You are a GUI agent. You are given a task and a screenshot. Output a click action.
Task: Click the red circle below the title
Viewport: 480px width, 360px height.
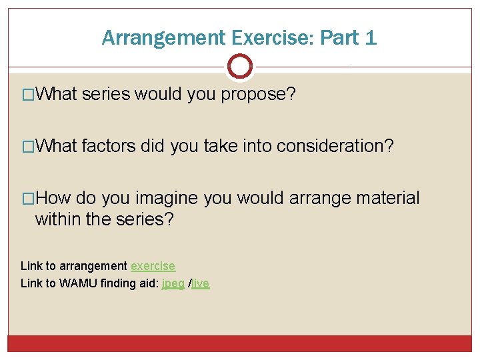click(x=240, y=66)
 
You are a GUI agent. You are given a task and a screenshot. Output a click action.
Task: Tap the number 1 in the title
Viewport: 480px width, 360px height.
click(x=371, y=38)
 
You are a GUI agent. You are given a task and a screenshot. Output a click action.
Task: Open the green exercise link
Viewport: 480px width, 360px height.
click(x=153, y=266)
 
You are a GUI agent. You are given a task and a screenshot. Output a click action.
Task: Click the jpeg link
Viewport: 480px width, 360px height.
click(x=173, y=283)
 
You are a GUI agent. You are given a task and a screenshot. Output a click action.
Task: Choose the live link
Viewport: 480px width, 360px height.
click(x=201, y=283)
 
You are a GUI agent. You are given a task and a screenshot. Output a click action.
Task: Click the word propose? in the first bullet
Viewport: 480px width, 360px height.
click(x=259, y=95)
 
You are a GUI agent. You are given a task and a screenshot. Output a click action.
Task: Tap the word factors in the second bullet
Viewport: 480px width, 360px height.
click(x=108, y=147)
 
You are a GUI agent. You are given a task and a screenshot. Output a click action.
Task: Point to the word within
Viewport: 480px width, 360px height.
click(x=59, y=219)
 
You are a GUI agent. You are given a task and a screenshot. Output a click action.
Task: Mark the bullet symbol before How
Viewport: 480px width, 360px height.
click(x=28, y=199)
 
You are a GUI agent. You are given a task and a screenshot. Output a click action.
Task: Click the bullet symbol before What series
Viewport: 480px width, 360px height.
click(x=28, y=95)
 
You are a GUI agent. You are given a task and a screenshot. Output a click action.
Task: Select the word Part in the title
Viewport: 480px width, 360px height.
click(x=338, y=38)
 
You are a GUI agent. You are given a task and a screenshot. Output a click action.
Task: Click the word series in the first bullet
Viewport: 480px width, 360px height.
click(x=106, y=95)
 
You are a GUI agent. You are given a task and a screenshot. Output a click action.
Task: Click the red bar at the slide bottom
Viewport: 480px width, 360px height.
click(x=240, y=343)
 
